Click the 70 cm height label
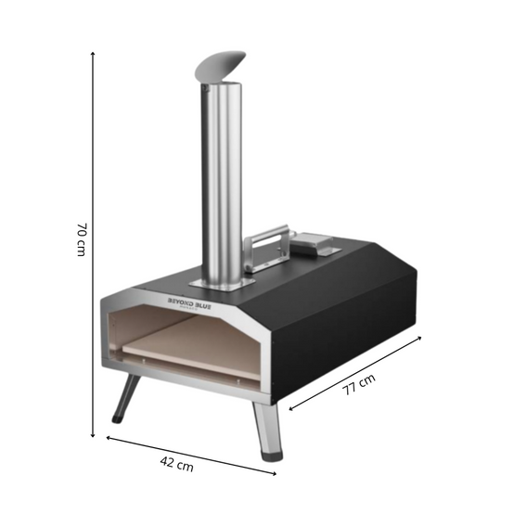click(x=82, y=239)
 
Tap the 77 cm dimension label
click(x=359, y=384)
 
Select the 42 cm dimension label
click(x=176, y=464)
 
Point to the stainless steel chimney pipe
click(x=222, y=184)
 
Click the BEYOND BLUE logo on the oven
click(x=189, y=303)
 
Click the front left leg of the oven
click(x=126, y=398)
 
